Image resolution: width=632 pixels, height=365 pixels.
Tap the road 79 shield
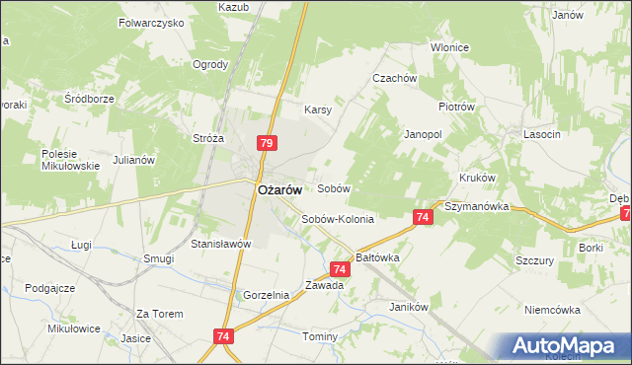point(266,143)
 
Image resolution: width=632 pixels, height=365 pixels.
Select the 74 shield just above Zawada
point(339,268)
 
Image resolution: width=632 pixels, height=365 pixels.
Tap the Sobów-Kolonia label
point(338,219)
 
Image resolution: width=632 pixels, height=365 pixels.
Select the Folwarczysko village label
point(151,21)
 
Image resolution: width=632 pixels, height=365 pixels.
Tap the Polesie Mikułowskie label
point(71,160)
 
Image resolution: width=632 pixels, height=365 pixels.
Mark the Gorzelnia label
point(266,295)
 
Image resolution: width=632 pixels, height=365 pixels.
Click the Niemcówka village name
point(553,309)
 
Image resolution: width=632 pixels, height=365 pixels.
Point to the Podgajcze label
point(50,287)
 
